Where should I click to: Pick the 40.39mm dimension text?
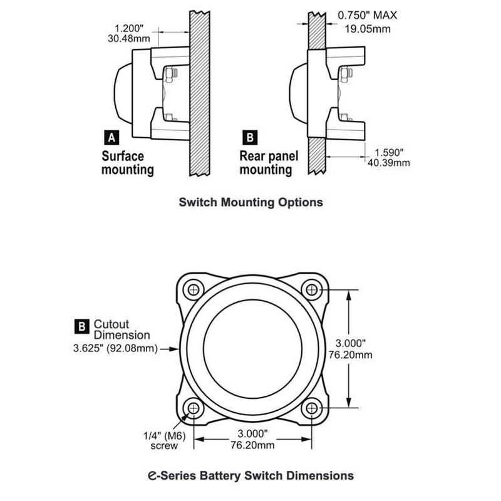(389, 163)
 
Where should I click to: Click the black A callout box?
(110, 136)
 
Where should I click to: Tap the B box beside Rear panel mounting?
(249, 136)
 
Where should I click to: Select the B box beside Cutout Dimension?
(81, 324)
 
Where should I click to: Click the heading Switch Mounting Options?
(250, 202)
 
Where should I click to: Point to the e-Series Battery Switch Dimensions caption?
(251, 474)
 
